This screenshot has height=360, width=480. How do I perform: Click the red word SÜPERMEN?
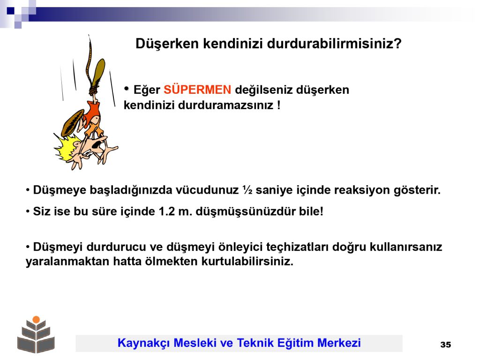point(197,90)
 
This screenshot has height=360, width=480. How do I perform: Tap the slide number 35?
point(445,345)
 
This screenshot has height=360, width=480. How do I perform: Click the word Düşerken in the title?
point(167,44)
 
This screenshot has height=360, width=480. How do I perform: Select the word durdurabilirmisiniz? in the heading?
point(334,44)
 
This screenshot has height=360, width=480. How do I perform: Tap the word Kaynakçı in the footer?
point(143,343)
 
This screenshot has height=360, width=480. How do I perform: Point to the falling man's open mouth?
point(98,143)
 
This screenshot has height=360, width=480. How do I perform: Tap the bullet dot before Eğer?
point(127,89)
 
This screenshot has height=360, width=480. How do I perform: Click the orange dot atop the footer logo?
point(36,320)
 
